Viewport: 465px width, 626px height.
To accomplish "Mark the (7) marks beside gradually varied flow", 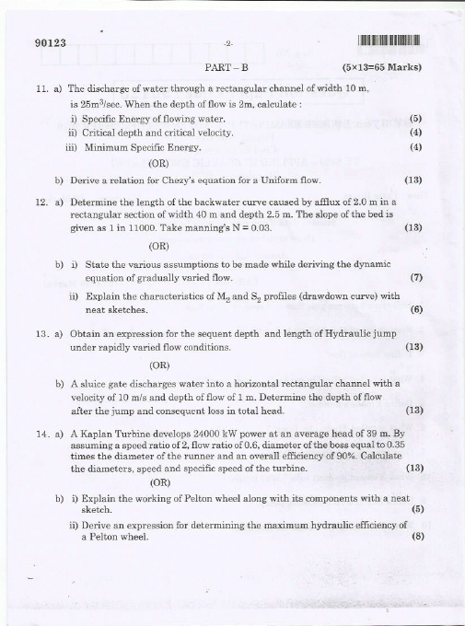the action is [415, 277].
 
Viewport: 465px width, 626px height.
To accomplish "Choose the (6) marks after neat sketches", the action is [415, 310].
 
